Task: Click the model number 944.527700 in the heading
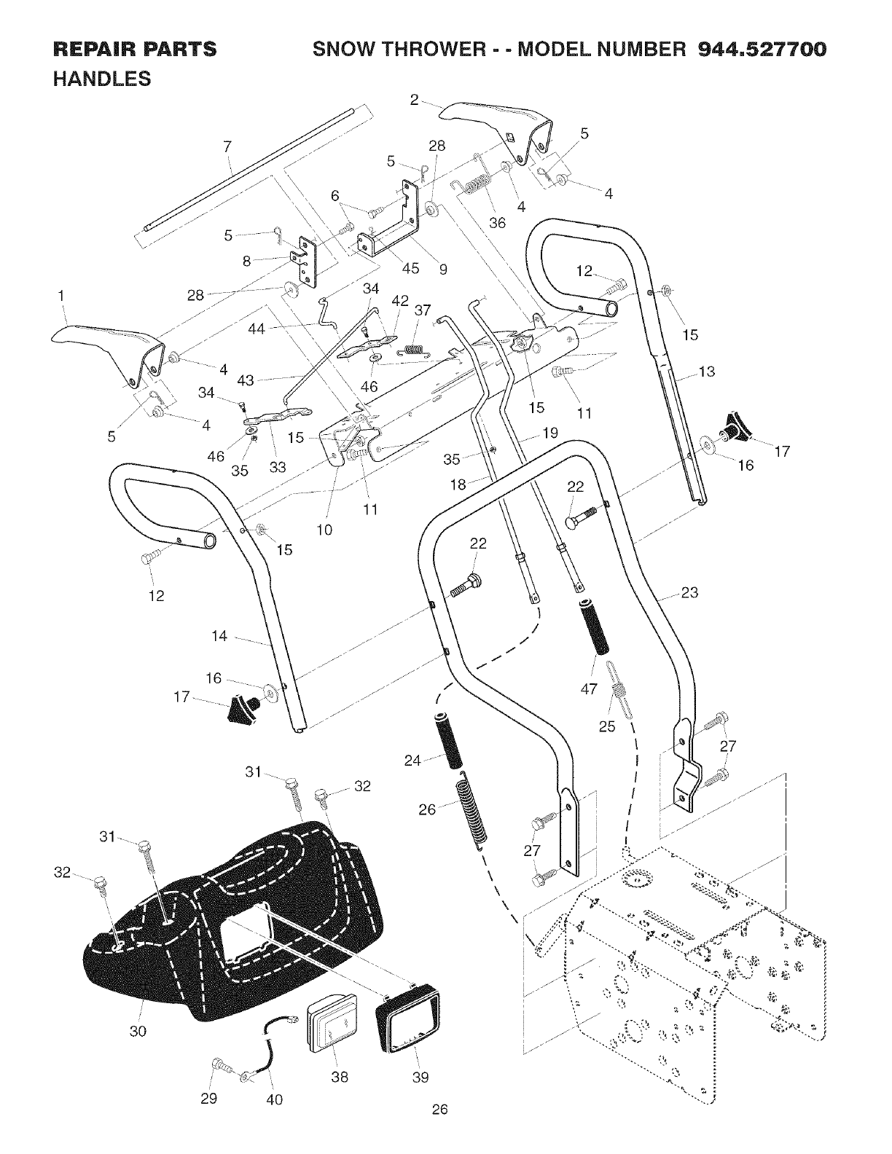click(x=762, y=50)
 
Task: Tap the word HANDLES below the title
click(x=102, y=78)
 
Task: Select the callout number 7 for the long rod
click(x=227, y=146)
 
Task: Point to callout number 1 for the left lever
click(x=61, y=296)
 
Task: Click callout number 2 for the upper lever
click(x=414, y=101)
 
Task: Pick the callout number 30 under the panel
click(x=138, y=1031)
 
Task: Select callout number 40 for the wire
click(x=275, y=1099)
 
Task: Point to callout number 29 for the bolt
click(x=209, y=1099)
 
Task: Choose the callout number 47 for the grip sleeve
click(x=589, y=687)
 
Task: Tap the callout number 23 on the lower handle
click(x=689, y=593)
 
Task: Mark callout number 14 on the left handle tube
click(x=219, y=636)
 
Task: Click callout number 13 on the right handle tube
click(x=706, y=372)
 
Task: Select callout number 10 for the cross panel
click(x=325, y=530)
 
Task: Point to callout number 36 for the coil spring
click(x=497, y=223)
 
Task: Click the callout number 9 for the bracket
click(x=443, y=268)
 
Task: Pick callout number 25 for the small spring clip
click(x=606, y=726)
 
